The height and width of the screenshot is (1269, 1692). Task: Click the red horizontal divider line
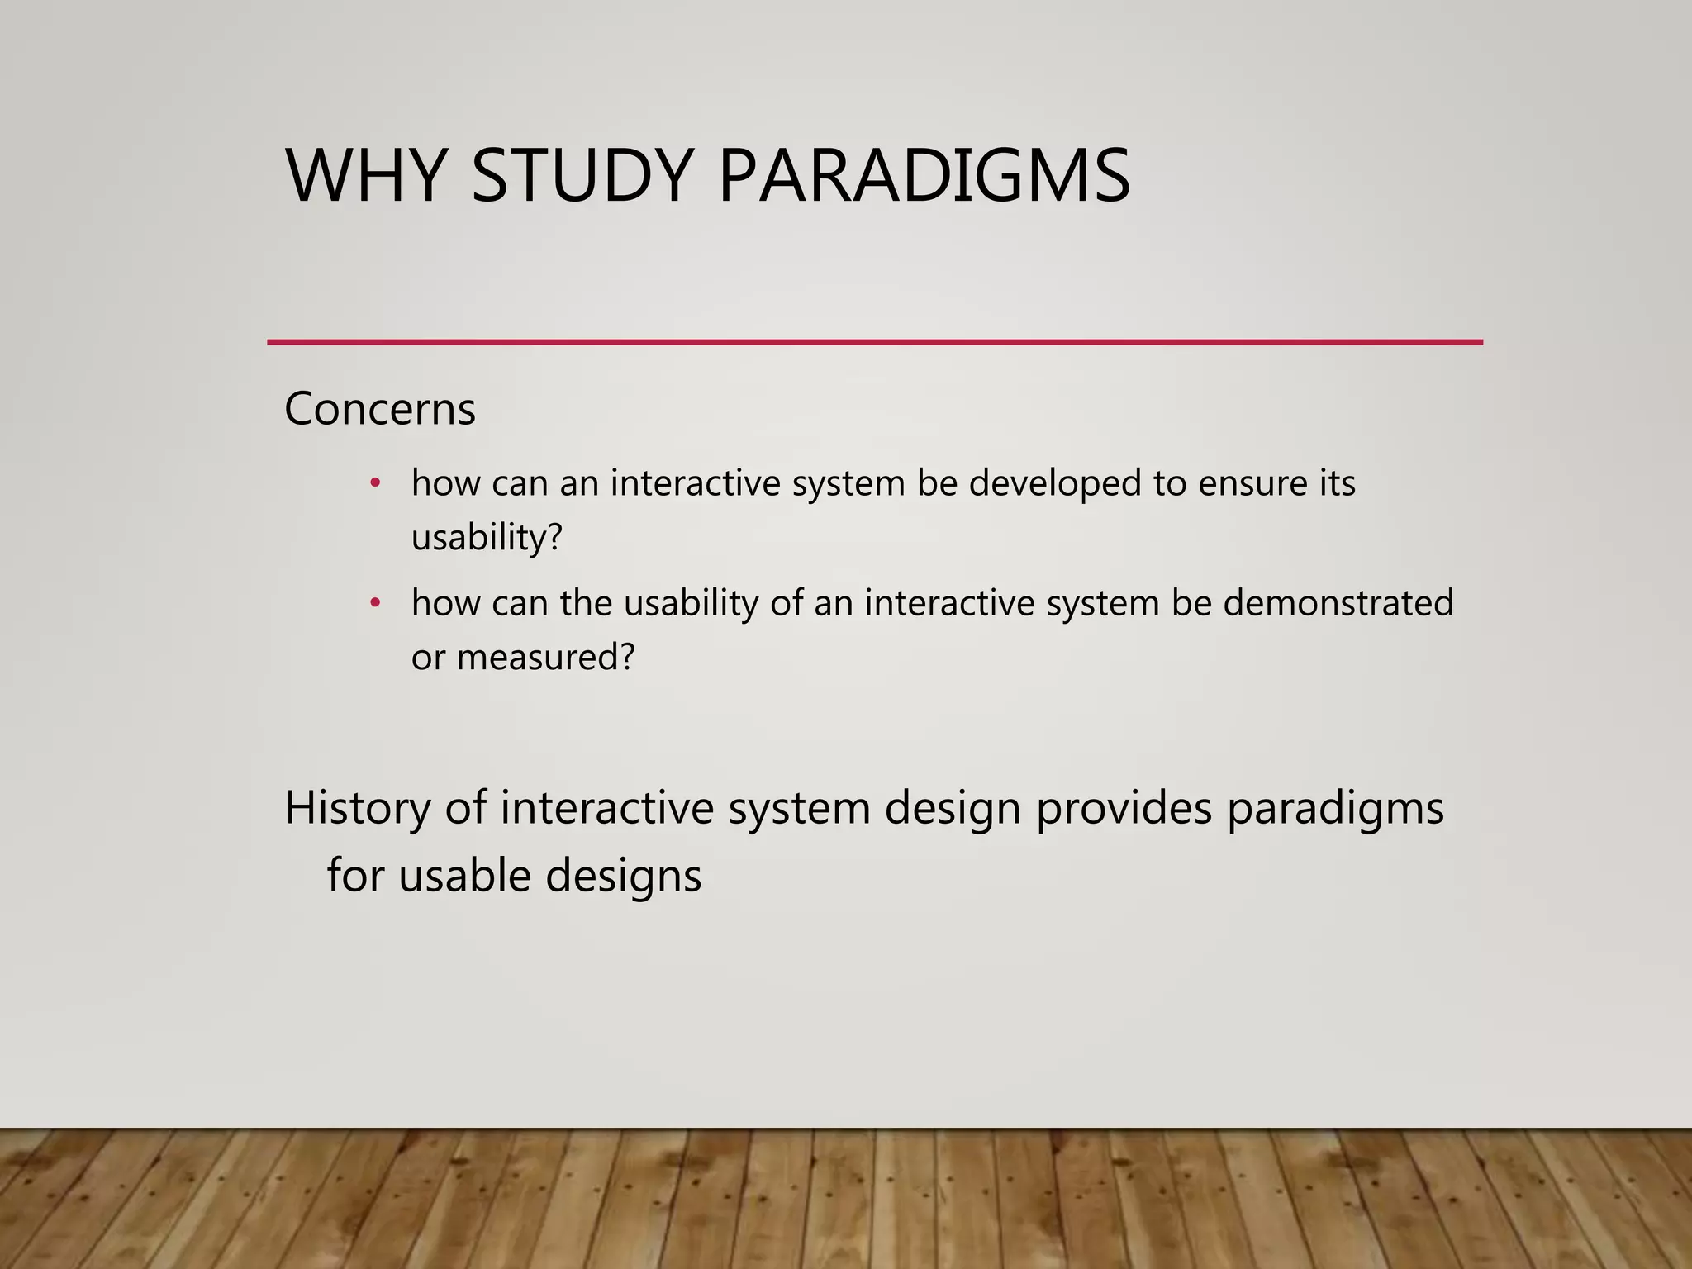click(x=874, y=342)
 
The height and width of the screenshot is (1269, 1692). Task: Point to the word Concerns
click(x=380, y=409)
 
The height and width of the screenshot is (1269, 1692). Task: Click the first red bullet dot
click(x=375, y=483)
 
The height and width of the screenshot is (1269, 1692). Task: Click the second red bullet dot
click(x=375, y=603)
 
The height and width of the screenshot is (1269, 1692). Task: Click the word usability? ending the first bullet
click(x=487, y=538)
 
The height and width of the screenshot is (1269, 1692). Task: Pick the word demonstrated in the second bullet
click(x=1338, y=603)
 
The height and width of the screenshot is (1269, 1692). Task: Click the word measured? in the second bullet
click(x=545, y=658)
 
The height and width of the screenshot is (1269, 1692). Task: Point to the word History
click(x=358, y=808)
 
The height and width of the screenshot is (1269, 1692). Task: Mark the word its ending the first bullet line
click(x=1337, y=483)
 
